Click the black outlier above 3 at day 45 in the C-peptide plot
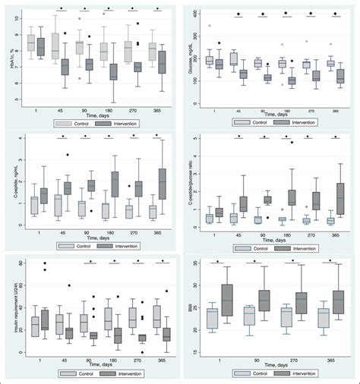coord(67,155)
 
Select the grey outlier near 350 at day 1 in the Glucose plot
coord(209,26)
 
